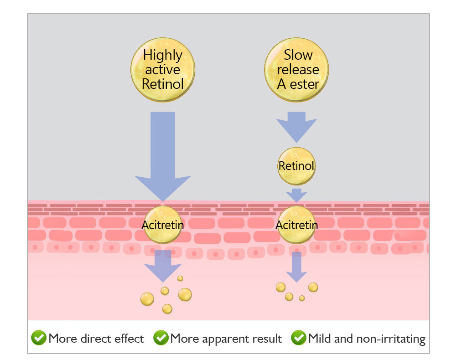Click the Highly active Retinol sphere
[163, 70]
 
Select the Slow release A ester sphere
[297, 70]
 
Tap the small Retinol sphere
[296, 166]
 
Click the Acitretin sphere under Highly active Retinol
[163, 225]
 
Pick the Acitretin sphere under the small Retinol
[297, 225]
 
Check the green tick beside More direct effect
[38, 338]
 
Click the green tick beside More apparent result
[161, 338]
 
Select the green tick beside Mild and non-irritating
[299, 338]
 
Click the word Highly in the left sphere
[163, 56]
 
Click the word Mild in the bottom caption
[319, 339]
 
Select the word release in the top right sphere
[298, 70]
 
